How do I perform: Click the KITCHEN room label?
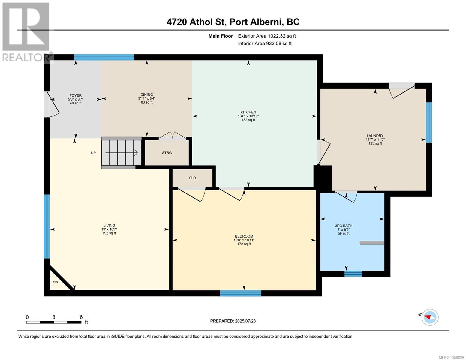coord(248,112)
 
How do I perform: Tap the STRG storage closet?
coord(167,153)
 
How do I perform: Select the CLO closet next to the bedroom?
coord(192,178)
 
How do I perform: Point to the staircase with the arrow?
coord(121,153)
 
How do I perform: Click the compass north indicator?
coord(430,317)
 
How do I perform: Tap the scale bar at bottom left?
coord(54,322)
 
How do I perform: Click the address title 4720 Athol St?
coord(233,22)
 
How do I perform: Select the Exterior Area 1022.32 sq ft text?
coord(267,36)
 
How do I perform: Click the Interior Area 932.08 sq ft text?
coord(265,43)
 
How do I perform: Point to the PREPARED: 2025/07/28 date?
coord(233,321)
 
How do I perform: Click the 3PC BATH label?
coord(344,226)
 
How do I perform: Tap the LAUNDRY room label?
coord(375,136)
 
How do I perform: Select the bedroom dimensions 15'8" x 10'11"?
coord(244,240)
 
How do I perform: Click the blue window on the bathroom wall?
coord(353,273)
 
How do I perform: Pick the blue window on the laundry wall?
coord(429,122)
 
